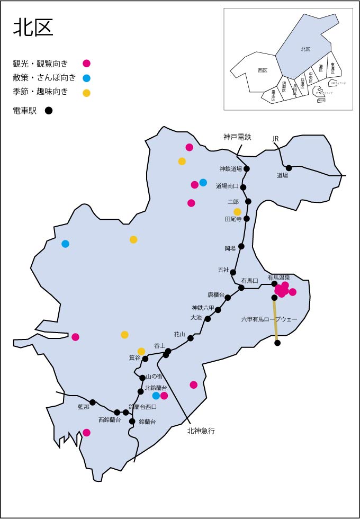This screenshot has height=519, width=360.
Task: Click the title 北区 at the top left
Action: [33, 28]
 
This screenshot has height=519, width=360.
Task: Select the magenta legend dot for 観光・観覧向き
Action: [87, 64]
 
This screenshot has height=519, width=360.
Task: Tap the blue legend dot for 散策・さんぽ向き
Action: [87, 78]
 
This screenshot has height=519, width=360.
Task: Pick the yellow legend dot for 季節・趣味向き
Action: [87, 93]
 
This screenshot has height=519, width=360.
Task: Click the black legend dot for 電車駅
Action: [49, 111]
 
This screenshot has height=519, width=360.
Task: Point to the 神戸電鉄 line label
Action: [237, 137]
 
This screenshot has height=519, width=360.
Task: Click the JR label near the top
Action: [275, 139]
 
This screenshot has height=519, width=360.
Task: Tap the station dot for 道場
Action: [289, 168]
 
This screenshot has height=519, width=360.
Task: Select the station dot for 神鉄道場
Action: [247, 169]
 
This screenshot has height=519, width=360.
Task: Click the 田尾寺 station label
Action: [233, 218]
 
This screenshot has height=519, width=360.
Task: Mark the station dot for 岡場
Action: [241, 246]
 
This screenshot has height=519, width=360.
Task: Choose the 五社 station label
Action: [223, 270]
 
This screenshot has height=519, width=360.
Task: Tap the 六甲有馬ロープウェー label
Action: [269, 319]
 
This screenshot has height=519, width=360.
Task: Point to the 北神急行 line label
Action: [200, 431]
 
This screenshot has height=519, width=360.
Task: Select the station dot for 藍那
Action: [93, 402]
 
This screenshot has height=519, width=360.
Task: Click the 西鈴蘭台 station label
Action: [110, 420]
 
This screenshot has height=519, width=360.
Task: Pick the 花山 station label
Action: [179, 334]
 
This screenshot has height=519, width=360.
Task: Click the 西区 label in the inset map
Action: [263, 70]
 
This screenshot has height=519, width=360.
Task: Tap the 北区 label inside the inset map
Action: [305, 49]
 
